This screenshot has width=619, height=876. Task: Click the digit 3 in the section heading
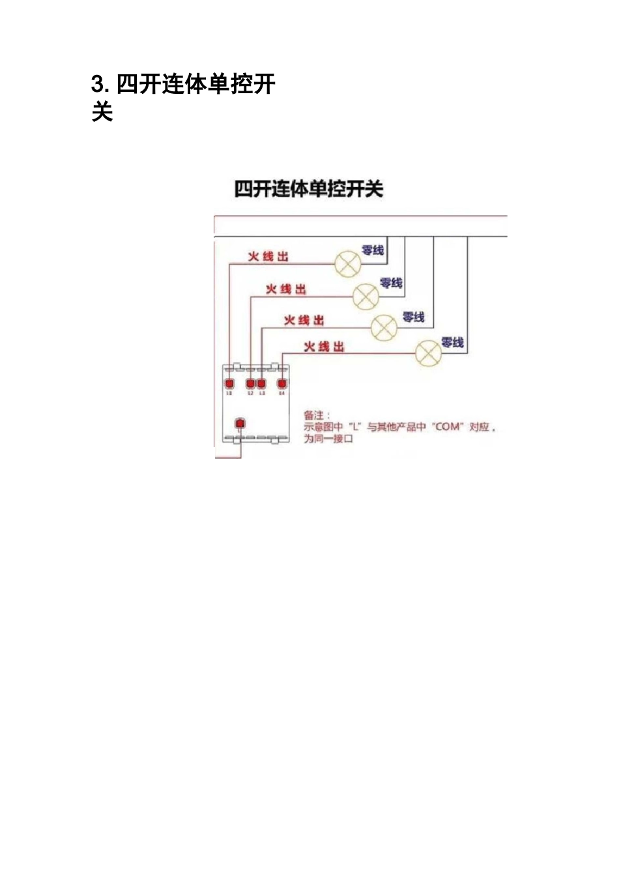pyautogui.click(x=98, y=85)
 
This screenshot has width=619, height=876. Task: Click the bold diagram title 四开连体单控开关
pyautogui.click(x=308, y=190)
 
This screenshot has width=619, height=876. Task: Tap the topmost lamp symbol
pyautogui.click(x=347, y=263)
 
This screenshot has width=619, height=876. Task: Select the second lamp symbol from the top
pyautogui.click(x=366, y=297)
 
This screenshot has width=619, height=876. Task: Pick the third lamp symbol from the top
pyautogui.click(x=384, y=327)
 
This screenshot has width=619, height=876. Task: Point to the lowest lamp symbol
pyautogui.click(x=429, y=354)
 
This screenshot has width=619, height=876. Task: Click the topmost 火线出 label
pyautogui.click(x=268, y=257)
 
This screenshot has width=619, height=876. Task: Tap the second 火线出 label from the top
pyautogui.click(x=286, y=289)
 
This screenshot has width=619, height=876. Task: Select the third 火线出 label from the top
pyautogui.click(x=304, y=320)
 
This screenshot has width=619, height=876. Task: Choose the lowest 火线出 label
pyautogui.click(x=324, y=347)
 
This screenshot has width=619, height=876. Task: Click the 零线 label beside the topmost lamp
pyautogui.click(x=373, y=250)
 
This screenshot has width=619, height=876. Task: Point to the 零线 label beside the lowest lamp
pyautogui.click(x=452, y=342)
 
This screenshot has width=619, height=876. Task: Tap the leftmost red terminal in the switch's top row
pyautogui.click(x=229, y=383)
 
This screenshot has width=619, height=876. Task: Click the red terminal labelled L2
pyautogui.click(x=250, y=383)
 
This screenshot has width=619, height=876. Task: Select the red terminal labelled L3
pyautogui.click(x=261, y=383)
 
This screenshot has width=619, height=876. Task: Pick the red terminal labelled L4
pyautogui.click(x=281, y=383)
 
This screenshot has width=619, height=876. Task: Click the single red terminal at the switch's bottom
pyautogui.click(x=240, y=424)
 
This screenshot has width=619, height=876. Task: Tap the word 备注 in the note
pyautogui.click(x=314, y=415)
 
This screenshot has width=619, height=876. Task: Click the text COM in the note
pyautogui.click(x=447, y=427)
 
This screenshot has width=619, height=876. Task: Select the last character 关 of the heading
pyautogui.click(x=102, y=112)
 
